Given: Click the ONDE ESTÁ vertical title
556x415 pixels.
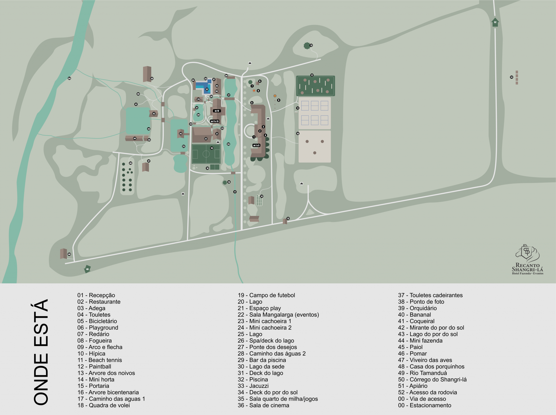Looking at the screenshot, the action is (x=41, y=352).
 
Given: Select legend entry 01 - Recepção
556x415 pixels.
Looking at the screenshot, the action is (x=96, y=295).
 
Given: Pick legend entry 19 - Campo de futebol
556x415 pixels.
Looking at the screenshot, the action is (x=266, y=295).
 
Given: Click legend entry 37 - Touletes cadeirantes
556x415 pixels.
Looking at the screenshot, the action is (x=430, y=295).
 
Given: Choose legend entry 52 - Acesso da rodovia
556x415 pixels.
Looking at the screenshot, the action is (x=427, y=392).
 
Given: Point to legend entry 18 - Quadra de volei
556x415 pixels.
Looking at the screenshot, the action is (x=103, y=405).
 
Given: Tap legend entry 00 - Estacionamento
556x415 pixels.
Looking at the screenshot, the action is (x=424, y=405).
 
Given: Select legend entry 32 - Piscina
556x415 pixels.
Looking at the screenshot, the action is (x=252, y=379).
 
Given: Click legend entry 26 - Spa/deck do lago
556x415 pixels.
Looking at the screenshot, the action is (x=266, y=341).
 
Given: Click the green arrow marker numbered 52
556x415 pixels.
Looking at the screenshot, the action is (x=495, y=22).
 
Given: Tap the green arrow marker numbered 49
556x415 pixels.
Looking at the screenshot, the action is (x=87, y=269).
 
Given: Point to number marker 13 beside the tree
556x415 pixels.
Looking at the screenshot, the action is (x=311, y=45).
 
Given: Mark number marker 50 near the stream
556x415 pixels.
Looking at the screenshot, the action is (x=69, y=78).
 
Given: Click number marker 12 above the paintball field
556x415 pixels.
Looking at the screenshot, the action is (x=312, y=75).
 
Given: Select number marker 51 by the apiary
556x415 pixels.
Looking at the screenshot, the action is (x=511, y=77).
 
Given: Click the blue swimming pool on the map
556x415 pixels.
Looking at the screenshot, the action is (x=204, y=86).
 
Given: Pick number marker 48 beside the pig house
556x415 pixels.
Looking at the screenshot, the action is (x=69, y=254).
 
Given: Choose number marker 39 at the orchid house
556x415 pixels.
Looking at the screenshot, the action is (x=152, y=79).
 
